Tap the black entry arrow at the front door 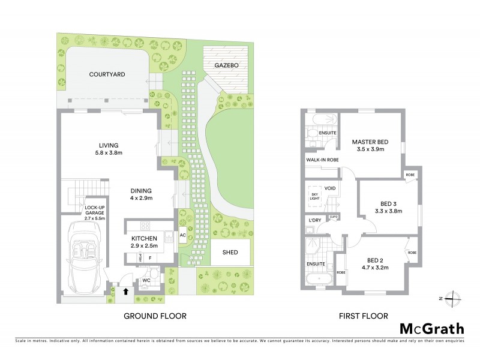125,292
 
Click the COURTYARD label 107,75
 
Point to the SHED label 230,253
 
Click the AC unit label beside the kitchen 182,235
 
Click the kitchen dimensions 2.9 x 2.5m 143,246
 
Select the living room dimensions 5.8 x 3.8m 109,154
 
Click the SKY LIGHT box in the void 314,196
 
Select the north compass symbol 455,298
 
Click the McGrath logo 432,328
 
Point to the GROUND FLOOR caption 155,316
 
